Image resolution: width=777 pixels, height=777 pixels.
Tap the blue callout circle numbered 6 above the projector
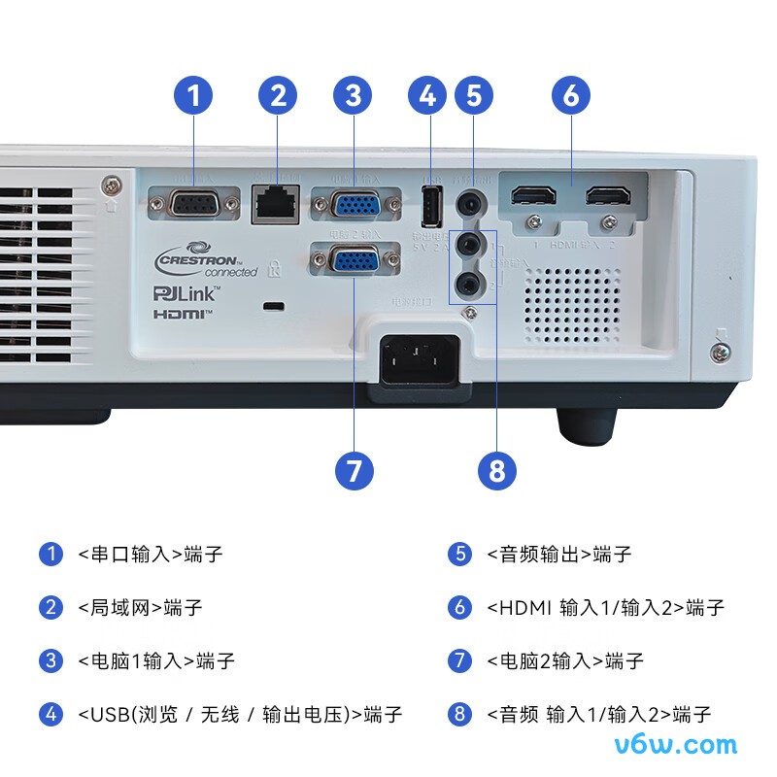pyautogui.click(x=571, y=95)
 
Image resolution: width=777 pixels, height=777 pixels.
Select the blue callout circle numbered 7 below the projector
pyautogui.click(x=354, y=471)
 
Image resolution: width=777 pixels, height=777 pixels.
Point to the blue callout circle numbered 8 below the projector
pyautogui.click(x=497, y=471)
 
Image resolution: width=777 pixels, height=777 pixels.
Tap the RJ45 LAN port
pyautogui.click(x=275, y=204)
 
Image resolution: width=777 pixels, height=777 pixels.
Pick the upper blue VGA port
pyautogui.click(x=355, y=206)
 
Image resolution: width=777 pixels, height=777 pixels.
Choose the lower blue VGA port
pyautogui.click(x=355, y=263)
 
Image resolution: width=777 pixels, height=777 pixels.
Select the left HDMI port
pyautogui.click(x=532, y=196)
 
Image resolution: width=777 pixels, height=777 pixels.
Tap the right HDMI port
pyautogui.click(x=608, y=196)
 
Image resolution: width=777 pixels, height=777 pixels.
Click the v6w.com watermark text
pyautogui.click(x=677, y=745)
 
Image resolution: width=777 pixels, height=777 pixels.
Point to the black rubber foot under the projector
pyautogui.click(x=586, y=423)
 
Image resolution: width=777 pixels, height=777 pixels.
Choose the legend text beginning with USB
pyautogui.click(x=239, y=715)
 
